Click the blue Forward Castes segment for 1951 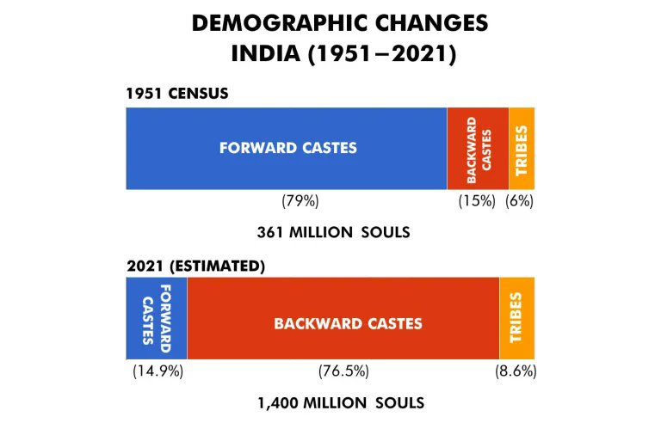point(287,148)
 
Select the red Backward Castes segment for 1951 point(478,148)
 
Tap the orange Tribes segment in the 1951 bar point(522,148)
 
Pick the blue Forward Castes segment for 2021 point(157,317)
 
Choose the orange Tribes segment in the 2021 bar point(516,317)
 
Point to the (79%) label point(300,201)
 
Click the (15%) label point(476,201)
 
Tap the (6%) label point(522,201)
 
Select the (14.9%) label point(158,371)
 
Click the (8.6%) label point(516,371)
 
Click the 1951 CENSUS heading point(177,93)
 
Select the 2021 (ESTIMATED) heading point(194,266)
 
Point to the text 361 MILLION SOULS point(332,232)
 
